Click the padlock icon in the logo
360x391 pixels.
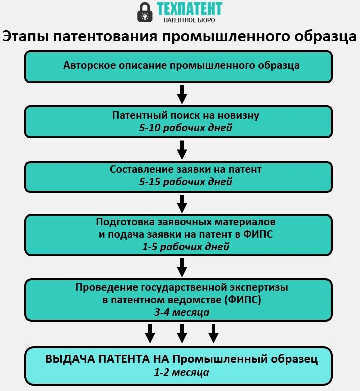pos(145,13)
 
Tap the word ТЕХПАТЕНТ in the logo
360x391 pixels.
pos(189,9)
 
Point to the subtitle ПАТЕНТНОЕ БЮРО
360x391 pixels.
pos(189,21)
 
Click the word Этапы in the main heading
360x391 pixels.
pos(25,37)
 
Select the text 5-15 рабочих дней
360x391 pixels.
pos(186,182)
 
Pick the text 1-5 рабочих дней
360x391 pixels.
pos(186,246)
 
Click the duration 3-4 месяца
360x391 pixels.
pos(182,312)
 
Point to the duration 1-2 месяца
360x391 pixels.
pos(182,372)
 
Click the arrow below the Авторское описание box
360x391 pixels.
pos(182,93)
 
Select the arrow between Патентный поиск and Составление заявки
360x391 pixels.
pos(182,149)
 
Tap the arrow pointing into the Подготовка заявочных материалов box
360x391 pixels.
pos(182,203)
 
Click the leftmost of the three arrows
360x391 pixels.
pos(150,333)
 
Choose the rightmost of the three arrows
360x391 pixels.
pos(214,333)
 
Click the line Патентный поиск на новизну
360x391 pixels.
pos(186,115)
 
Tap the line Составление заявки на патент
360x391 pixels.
pos(186,170)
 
